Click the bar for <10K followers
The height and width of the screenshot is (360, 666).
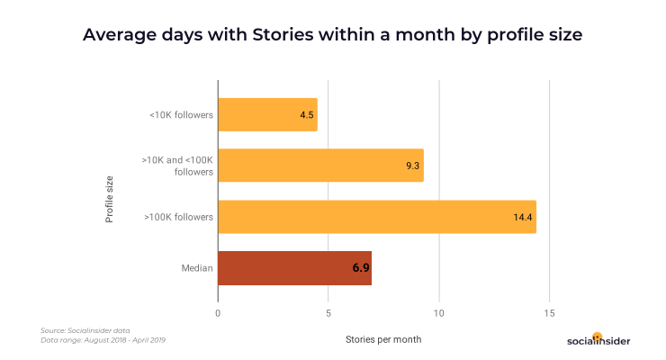click(x=267, y=114)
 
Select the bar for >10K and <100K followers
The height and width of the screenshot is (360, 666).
click(x=320, y=166)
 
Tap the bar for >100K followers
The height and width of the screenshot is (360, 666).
click(x=376, y=217)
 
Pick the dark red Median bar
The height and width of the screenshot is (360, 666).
click(x=294, y=268)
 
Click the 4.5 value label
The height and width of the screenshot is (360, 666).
click(x=307, y=115)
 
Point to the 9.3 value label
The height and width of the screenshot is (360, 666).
click(x=413, y=166)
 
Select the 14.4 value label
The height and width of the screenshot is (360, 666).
click(x=524, y=218)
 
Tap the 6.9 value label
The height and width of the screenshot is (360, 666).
click(x=360, y=269)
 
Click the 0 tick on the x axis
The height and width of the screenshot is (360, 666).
click(x=218, y=313)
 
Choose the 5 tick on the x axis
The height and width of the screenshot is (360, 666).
click(x=328, y=313)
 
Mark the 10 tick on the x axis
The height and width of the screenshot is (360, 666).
click(x=439, y=313)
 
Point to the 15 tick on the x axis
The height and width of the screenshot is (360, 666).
click(x=550, y=313)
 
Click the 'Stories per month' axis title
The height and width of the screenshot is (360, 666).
click(x=383, y=339)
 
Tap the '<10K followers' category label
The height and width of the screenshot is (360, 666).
click(x=183, y=115)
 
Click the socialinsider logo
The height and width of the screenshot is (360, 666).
click(x=598, y=339)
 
